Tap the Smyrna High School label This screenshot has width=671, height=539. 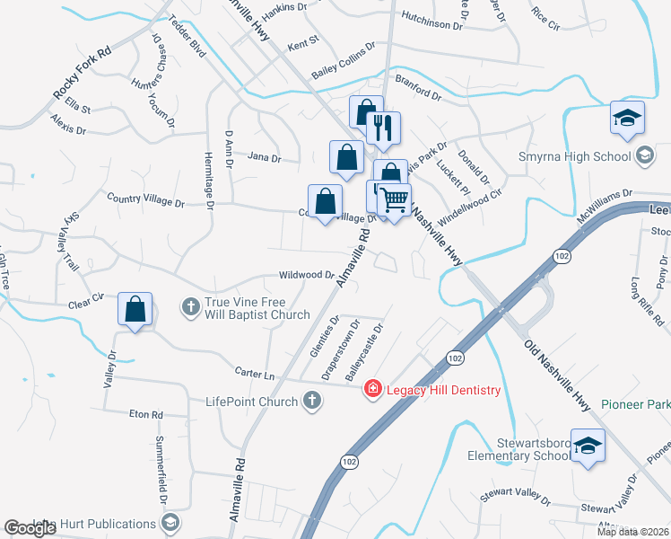pyautogui.click(x=575, y=157)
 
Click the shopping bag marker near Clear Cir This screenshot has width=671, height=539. pyautogui.click(x=135, y=310)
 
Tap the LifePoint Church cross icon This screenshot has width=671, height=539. pyautogui.click(x=311, y=401)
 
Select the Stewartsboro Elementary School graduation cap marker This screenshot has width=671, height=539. pyautogui.click(x=588, y=446)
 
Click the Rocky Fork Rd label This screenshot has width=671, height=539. pyautogui.click(x=81, y=71)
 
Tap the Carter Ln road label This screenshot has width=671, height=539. pyautogui.click(x=256, y=373)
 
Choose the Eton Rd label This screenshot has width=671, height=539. pyautogui.click(x=144, y=414)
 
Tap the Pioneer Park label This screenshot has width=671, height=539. pyautogui.click(x=635, y=405)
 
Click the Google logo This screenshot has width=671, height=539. pyautogui.click(x=30, y=529)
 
